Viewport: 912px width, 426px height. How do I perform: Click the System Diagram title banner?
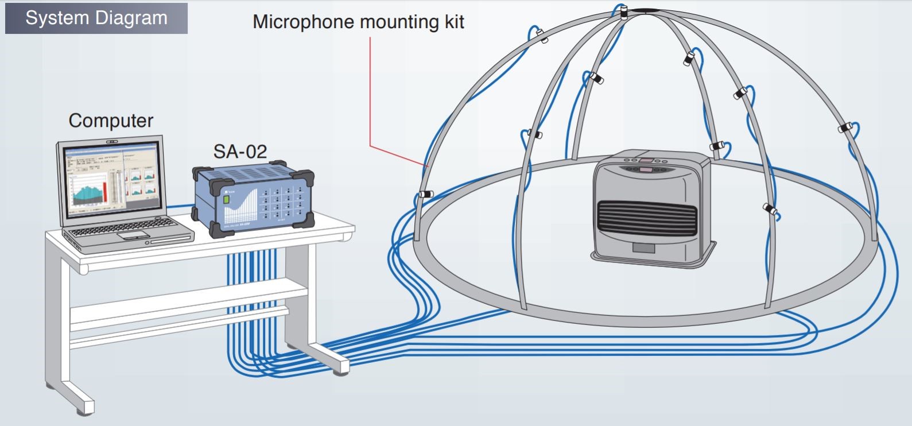point(96,18)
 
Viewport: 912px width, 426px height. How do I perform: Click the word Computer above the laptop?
point(111,121)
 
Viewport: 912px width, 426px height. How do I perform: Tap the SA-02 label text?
point(240,151)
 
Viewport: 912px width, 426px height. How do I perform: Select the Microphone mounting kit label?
point(358,22)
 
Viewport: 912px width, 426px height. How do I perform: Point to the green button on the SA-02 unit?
point(227,200)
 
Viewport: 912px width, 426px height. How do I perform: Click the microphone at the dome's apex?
point(623,11)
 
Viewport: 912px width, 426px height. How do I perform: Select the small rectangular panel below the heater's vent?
point(643,247)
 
